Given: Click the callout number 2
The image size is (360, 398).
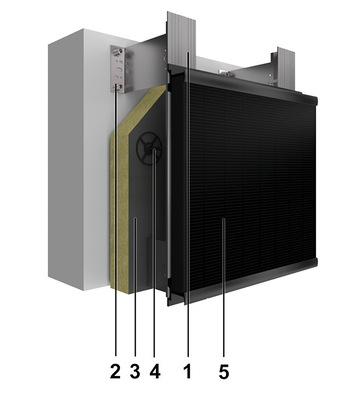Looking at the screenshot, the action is click(x=115, y=372).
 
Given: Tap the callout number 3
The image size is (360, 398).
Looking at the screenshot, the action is click(x=135, y=372).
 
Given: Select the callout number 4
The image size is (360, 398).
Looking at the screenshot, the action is click(x=155, y=372).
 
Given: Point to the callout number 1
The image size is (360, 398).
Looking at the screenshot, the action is click(x=188, y=372).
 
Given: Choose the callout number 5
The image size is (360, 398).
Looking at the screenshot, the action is click(x=224, y=372).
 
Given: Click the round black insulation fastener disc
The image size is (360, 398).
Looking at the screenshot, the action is click(x=149, y=148).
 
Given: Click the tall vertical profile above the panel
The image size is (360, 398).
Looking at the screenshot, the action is click(x=181, y=39).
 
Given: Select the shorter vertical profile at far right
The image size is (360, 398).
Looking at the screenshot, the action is click(x=286, y=68).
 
